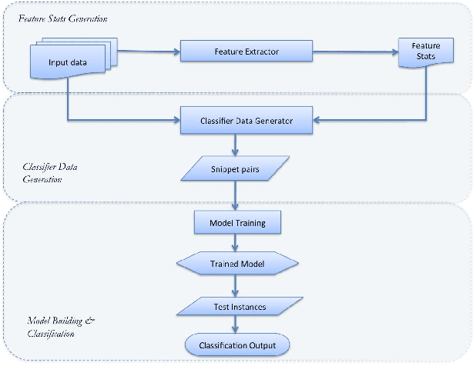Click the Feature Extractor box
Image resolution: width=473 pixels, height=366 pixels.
click(246, 52)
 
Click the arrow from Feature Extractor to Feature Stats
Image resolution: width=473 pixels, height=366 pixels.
click(354, 52)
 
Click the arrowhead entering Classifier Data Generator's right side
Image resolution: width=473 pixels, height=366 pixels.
click(317, 120)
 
